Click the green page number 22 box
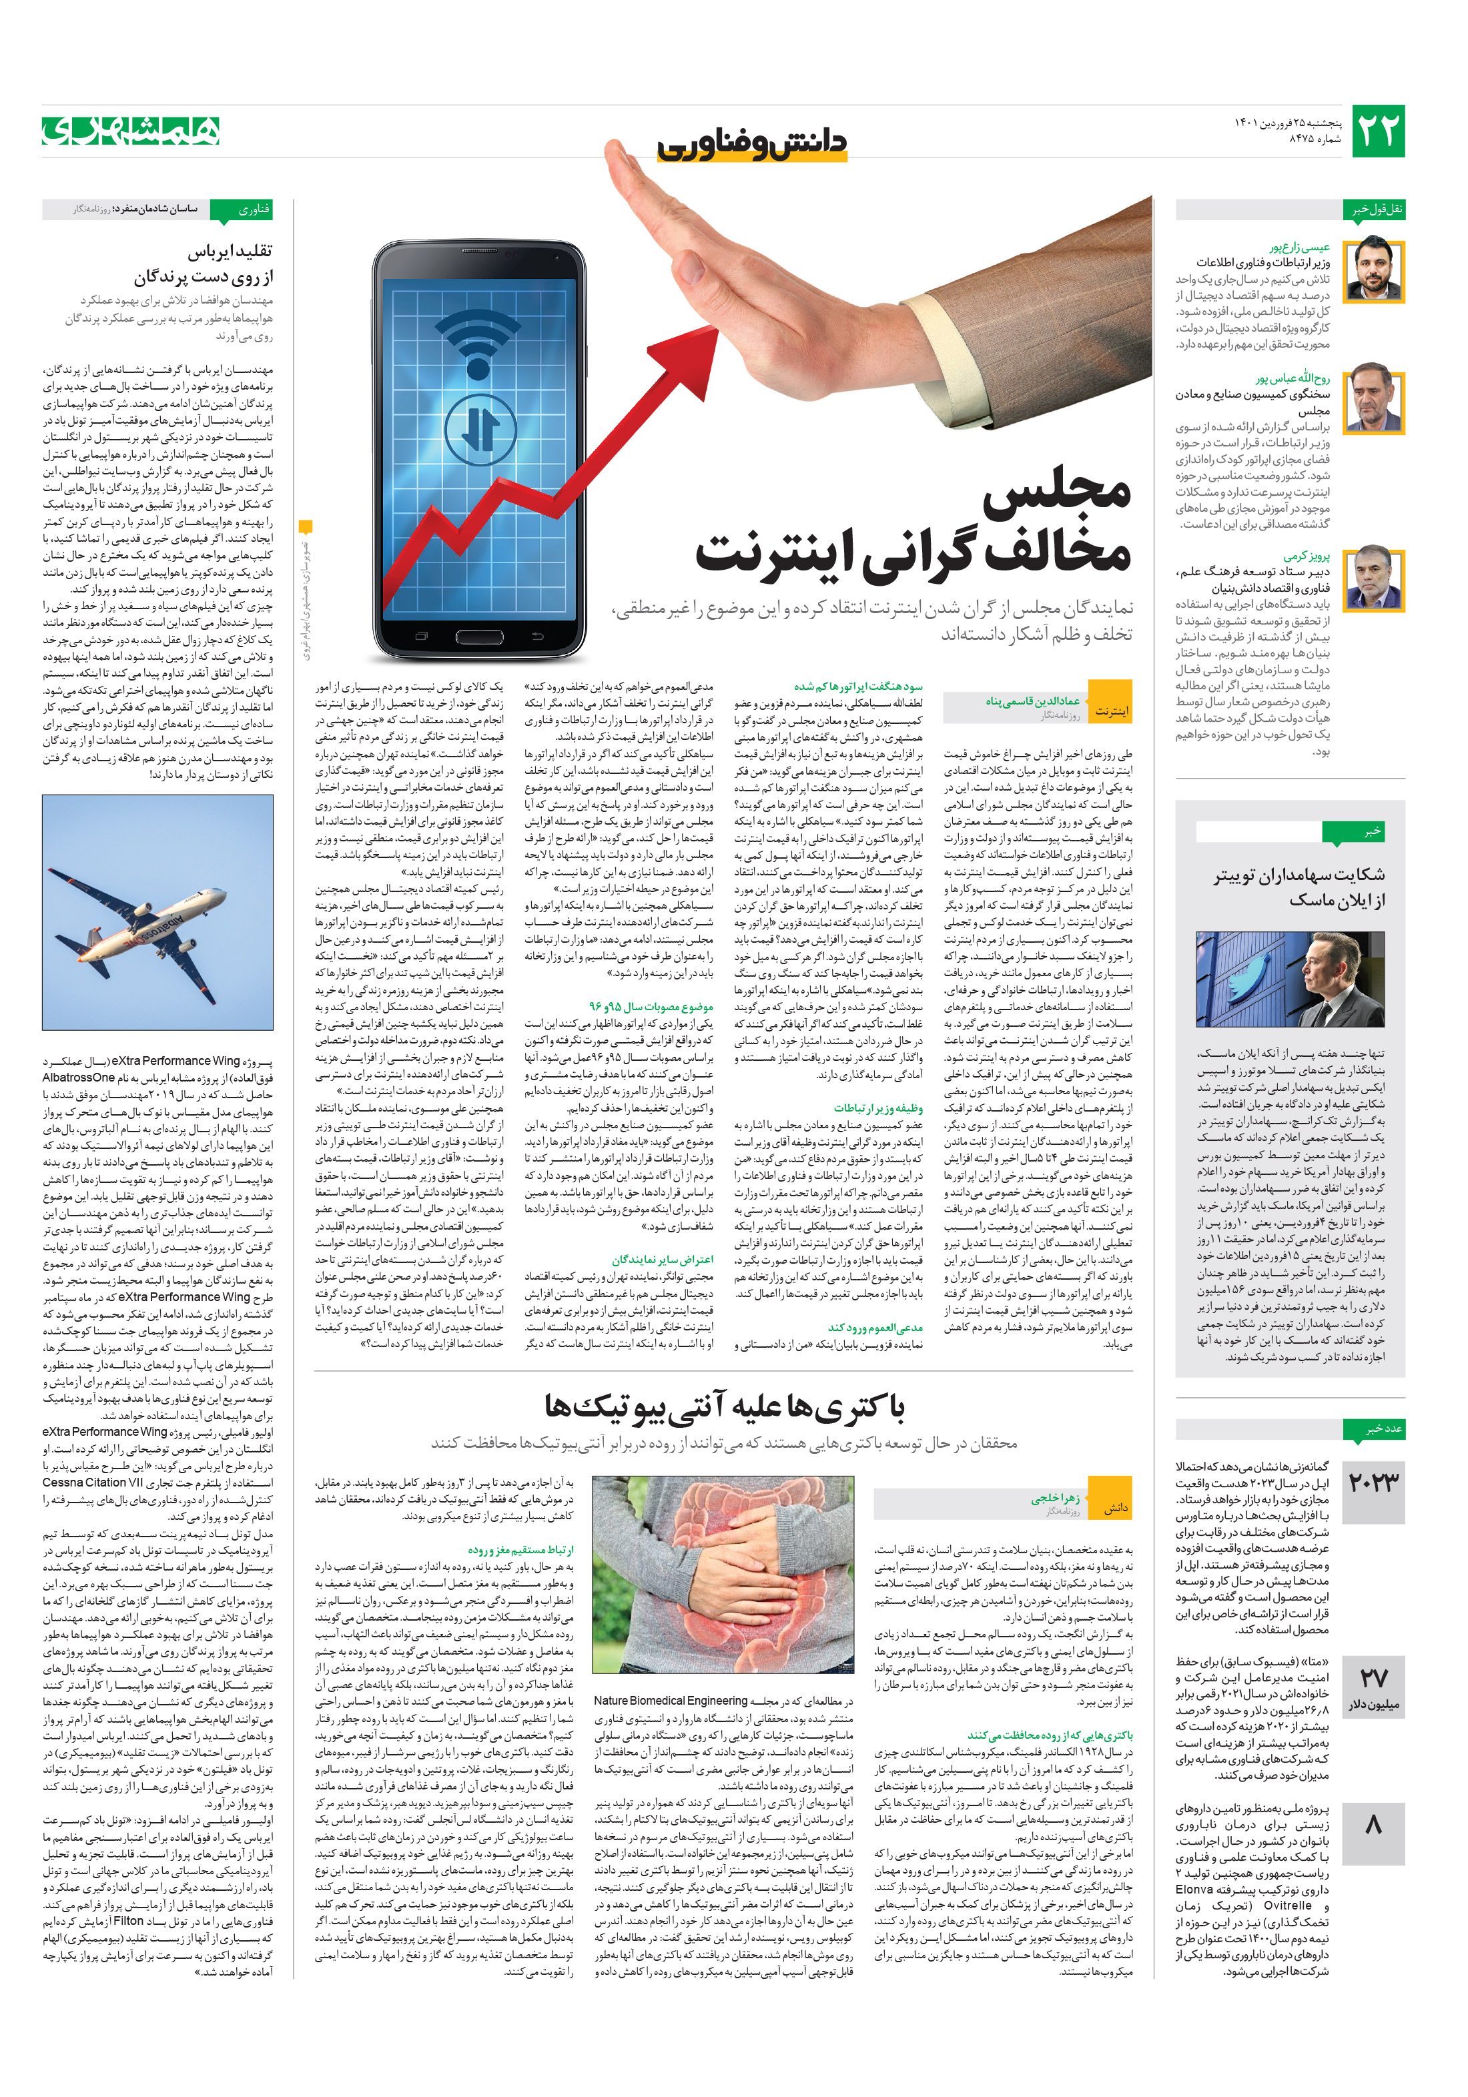click(1377, 131)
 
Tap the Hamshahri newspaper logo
click(131, 131)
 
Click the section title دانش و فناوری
click(752, 144)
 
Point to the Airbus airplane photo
click(157, 911)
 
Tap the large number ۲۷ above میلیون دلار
click(1373, 1677)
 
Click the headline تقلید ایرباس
click(230, 250)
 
